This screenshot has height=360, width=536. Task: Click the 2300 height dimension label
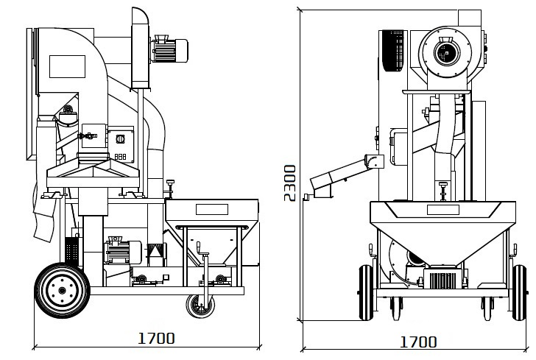click(290, 183)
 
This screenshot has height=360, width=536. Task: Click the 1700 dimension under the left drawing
click(156, 338)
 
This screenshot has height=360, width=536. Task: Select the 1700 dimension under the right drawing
click(418, 342)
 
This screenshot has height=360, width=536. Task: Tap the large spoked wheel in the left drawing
click(62, 290)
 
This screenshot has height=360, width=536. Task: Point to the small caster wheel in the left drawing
click(200, 306)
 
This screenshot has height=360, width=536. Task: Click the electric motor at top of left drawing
click(169, 49)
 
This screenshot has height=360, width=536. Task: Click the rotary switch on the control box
click(120, 139)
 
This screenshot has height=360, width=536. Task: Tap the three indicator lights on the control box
click(120, 157)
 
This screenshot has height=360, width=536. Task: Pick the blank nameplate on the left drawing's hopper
click(212, 209)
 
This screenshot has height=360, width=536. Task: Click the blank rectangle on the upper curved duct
click(67, 66)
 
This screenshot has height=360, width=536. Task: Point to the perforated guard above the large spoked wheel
click(72, 250)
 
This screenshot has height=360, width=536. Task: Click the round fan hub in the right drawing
click(445, 53)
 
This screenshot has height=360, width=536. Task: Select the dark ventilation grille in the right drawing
click(393, 51)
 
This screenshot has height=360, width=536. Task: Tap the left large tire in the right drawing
click(366, 293)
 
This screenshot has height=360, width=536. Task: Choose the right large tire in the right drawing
click(520, 293)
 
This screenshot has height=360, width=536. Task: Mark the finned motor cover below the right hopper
click(442, 278)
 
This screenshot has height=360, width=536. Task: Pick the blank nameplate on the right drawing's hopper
click(443, 210)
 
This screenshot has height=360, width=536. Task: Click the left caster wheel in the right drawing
click(396, 308)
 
